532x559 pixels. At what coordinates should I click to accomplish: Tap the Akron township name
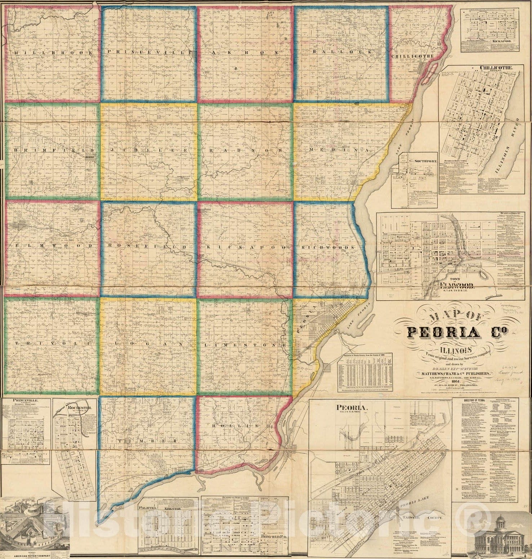click(x=245, y=52)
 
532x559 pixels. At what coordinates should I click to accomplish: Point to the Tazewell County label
click(x=423, y=518)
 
